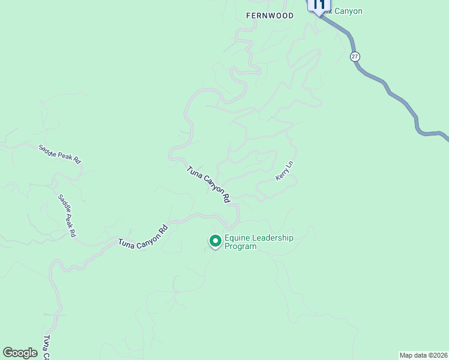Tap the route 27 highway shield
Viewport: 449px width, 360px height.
click(x=355, y=56)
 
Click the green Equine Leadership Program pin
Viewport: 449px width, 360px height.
click(x=215, y=241)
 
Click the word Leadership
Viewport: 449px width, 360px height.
click(x=273, y=238)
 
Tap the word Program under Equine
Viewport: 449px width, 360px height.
click(x=240, y=247)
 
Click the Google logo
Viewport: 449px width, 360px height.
click(x=20, y=353)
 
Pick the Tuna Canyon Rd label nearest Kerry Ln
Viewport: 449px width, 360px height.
click(x=209, y=184)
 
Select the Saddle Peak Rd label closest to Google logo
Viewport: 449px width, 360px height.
click(x=67, y=215)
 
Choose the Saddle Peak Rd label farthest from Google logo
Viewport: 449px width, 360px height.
click(x=59, y=154)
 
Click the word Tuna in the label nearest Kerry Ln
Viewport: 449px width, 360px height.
click(x=193, y=172)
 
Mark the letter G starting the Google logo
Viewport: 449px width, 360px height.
click(x=8, y=352)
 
